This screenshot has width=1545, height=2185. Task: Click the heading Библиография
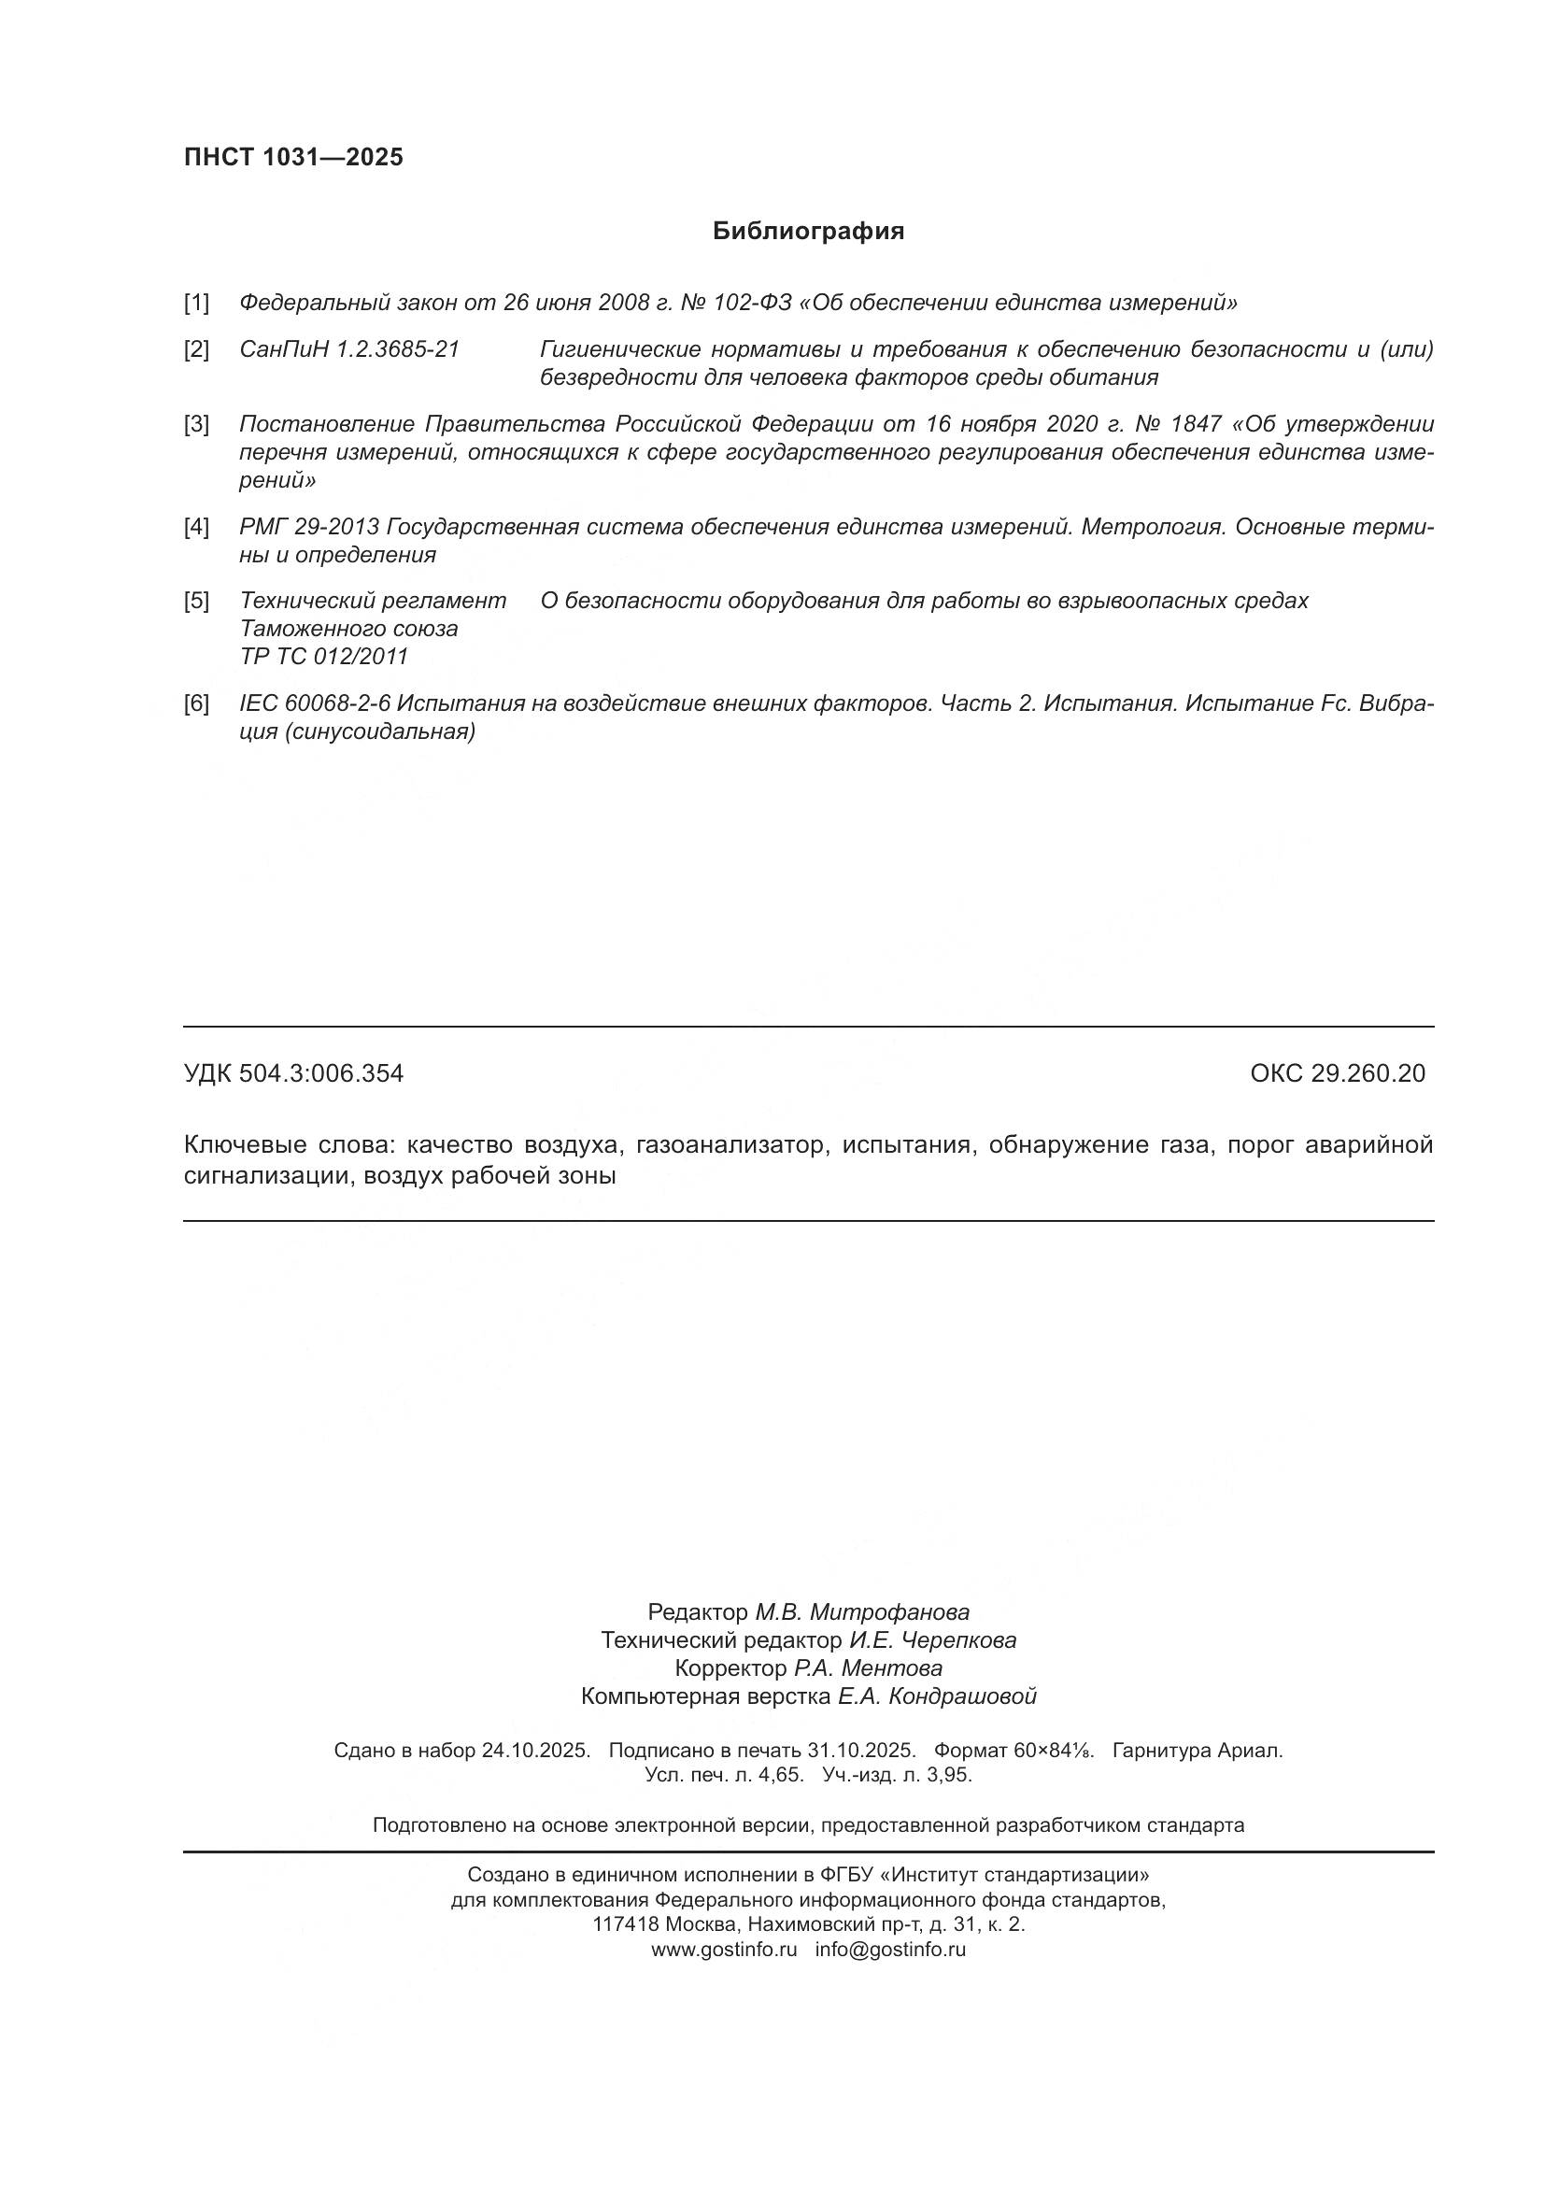(x=808, y=232)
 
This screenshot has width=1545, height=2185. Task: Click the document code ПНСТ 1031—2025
(x=293, y=157)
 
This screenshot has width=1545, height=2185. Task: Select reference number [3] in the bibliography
(x=196, y=423)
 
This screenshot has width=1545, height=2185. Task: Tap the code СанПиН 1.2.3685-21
(x=349, y=349)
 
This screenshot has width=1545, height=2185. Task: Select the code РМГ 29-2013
(x=309, y=526)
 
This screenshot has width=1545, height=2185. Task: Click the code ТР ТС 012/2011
(x=323, y=657)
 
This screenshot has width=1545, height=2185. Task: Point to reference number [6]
(x=196, y=703)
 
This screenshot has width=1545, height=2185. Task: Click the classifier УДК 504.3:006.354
(x=293, y=1073)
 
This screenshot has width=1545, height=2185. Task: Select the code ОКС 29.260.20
(x=1337, y=1073)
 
